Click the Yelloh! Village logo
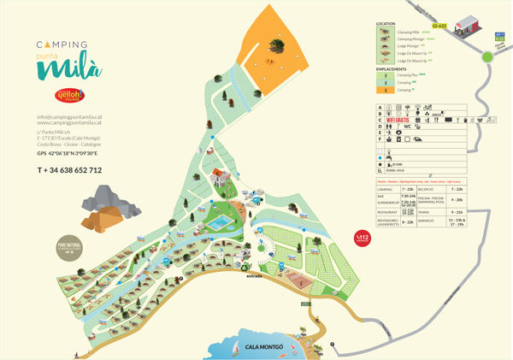(68, 94)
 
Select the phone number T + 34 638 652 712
(69, 170)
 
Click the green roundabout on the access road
(486, 56)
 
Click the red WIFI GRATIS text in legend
(403, 121)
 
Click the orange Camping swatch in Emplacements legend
(385, 90)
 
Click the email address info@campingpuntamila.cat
(69, 116)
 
